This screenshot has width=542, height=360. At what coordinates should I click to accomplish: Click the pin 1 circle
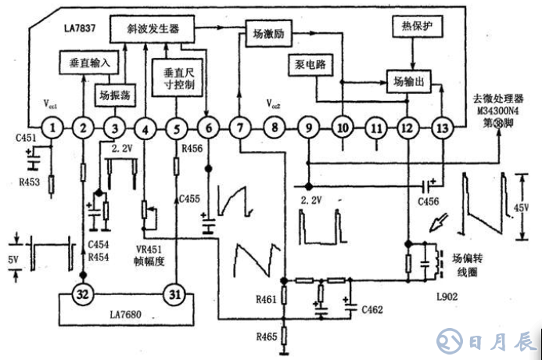tap(52, 127)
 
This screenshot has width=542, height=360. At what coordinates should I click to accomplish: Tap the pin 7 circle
tap(240, 127)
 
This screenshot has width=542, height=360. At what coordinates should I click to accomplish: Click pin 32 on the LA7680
tap(84, 294)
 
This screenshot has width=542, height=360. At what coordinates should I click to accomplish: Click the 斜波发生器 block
tap(153, 28)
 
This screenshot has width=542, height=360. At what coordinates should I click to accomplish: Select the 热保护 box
tap(412, 27)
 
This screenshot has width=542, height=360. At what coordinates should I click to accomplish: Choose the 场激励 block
tap(267, 34)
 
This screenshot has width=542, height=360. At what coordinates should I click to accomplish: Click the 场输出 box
tap(410, 80)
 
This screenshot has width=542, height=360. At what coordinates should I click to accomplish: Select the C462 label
tap(372, 310)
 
